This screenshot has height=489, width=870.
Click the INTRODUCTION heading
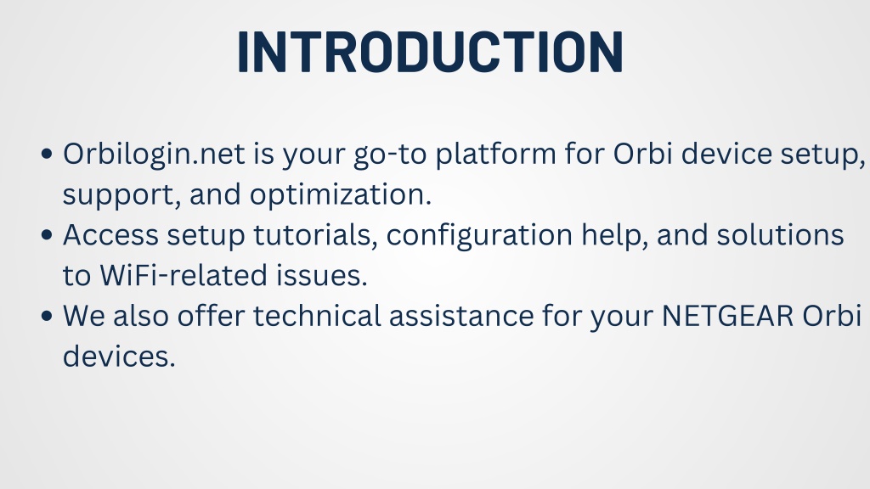431,52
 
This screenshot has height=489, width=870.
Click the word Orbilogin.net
154,155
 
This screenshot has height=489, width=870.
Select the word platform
495,155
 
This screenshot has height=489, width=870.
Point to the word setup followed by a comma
822,155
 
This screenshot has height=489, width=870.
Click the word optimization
340,195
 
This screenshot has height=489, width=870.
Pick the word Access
110,235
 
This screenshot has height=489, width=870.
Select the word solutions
780,235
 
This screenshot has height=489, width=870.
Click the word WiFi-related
184,276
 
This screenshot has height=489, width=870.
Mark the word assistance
461,317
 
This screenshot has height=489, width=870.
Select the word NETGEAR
728,316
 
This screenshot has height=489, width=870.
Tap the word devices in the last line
119,357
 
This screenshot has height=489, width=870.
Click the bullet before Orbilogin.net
48,155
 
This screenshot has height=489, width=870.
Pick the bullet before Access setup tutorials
48,235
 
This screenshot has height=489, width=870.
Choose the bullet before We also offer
48,316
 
